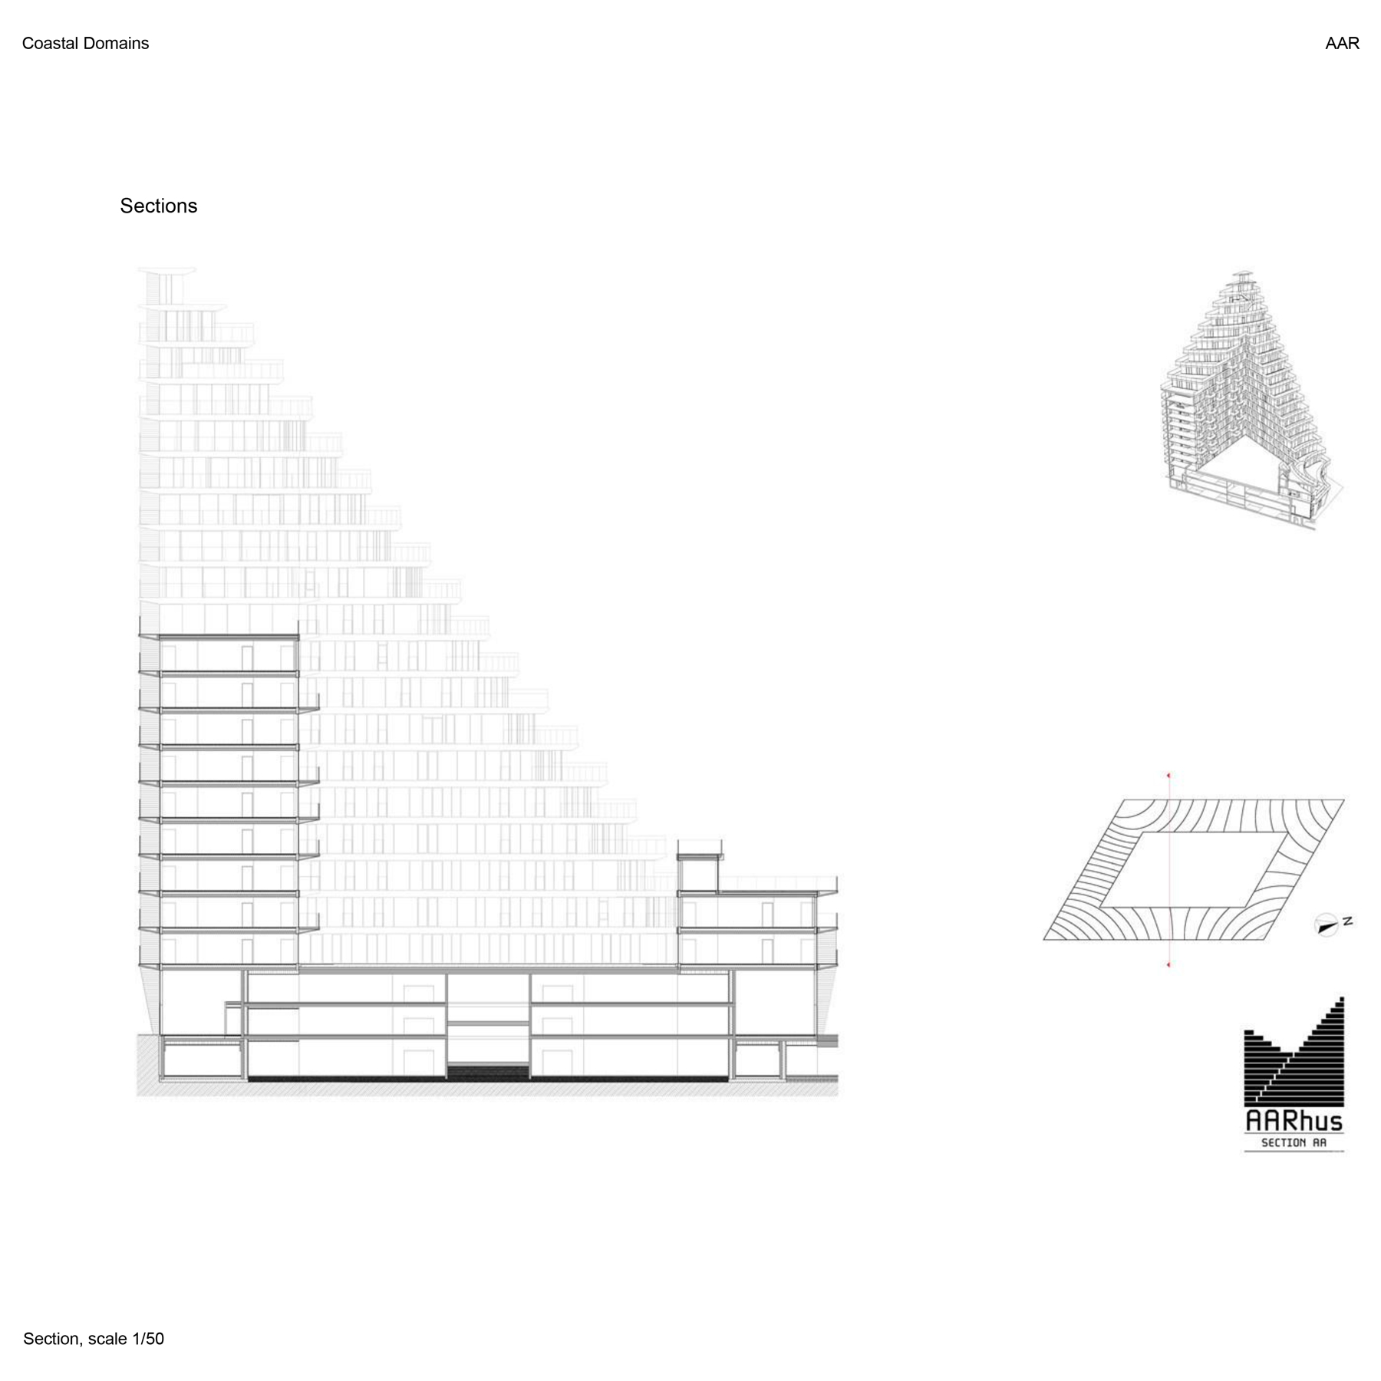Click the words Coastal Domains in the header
point(85,44)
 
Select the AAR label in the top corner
point(1342,44)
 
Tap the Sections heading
point(158,206)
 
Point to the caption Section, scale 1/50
point(94,1339)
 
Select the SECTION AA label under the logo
point(1294,1143)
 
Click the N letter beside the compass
point(1347,921)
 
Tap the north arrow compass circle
point(1326,925)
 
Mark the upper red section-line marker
point(1168,776)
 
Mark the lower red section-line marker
point(1168,964)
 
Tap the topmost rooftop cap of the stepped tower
point(167,271)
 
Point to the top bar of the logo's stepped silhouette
point(1341,999)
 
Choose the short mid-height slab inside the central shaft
point(488,1023)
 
